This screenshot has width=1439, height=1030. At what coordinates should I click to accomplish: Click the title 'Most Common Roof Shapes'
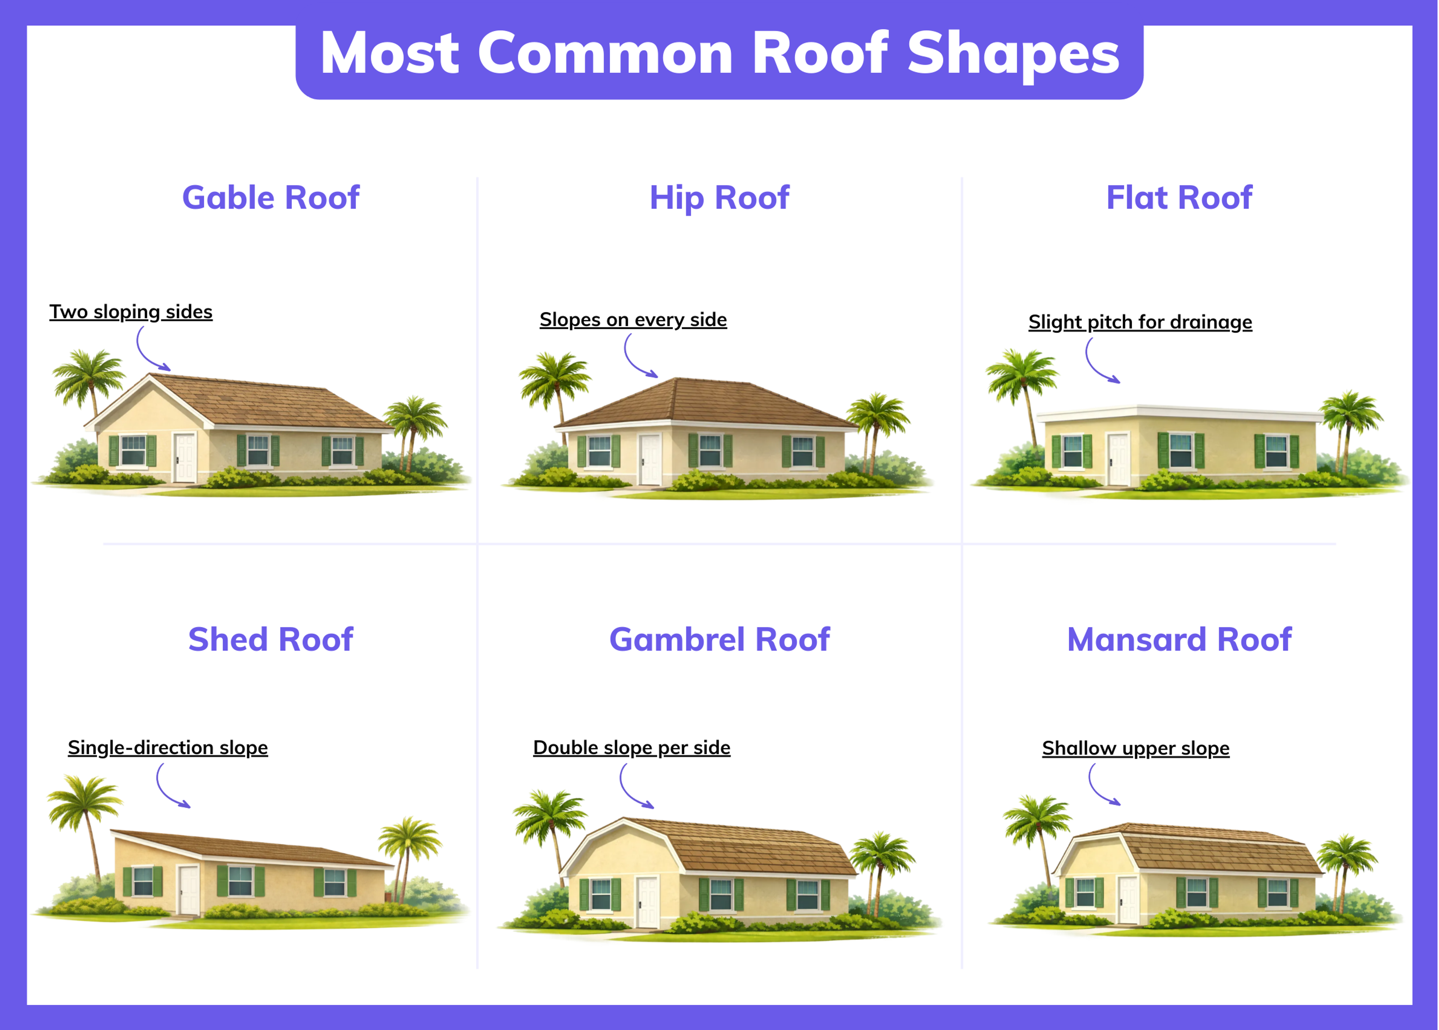[719, 54]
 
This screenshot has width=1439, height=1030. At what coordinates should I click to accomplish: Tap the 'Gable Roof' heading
[271, 197]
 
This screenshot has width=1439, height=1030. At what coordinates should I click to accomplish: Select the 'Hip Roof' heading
[719, 197]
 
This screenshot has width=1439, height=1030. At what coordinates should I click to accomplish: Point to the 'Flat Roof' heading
[1179, 197]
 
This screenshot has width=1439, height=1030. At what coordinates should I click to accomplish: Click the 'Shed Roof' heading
[271, 639]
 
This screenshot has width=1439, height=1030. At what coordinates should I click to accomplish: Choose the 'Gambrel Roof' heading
[719, 639]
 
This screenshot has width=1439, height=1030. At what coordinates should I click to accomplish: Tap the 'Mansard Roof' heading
[1179, 639]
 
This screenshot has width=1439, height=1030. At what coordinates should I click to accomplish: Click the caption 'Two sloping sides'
[131, 312]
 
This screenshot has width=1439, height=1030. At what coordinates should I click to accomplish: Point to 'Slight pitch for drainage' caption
[1140, 322]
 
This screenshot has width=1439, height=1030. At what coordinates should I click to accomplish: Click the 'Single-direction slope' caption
[168, 748]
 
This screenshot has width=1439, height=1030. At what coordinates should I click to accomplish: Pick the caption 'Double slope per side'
[631, 748]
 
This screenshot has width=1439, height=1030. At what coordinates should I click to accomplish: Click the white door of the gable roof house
[185, 457]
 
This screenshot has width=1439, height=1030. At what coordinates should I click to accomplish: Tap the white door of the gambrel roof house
[647, 903]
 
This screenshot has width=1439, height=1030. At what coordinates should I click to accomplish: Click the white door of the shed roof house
[188, 890]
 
